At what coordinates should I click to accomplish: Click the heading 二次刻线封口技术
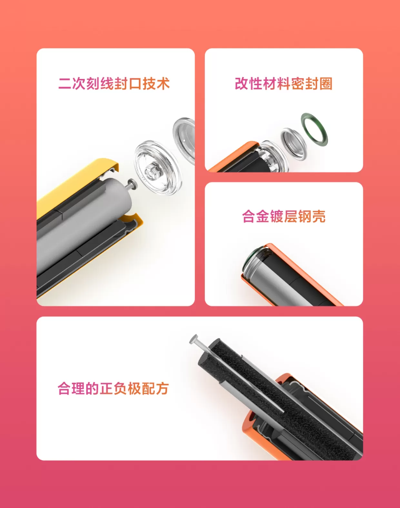click(x=114, y=83)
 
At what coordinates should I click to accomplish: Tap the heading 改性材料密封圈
click(x=284, y=83)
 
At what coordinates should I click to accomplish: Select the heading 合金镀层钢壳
click(x=284, y=216)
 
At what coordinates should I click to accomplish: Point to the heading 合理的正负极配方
click(x=113, y=389)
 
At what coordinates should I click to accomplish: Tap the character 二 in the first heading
click(x=65, y=83)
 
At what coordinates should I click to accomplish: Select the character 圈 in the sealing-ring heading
click(x=326, y=83)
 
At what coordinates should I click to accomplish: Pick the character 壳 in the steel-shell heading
click(x=319, y=216)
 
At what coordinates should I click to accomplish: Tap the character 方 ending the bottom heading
click(x=163, y=389)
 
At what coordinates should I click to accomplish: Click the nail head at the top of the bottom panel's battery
click(x=194, y=339)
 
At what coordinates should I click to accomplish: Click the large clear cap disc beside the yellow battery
click(x=158, y=168)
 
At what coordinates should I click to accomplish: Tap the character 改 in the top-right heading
click(x=242, y=83)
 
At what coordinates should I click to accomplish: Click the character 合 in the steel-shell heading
click(x=249, y=216)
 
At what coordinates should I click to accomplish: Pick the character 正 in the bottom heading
click(x=106, y=389)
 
